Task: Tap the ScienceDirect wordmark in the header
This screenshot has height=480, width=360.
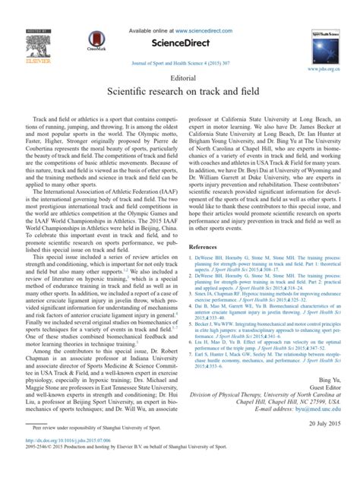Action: tap(180, 43)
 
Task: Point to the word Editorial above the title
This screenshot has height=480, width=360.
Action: tap(180, 78)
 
